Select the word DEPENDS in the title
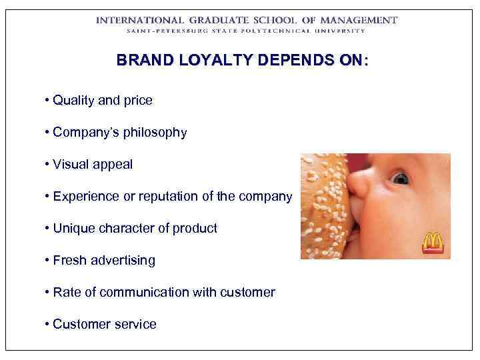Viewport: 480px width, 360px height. pyautogui.click(x=299, y=61)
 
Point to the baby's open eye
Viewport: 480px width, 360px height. pyautogui.click(x=399, y=178)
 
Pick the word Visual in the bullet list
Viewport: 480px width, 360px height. pyautogui.click(x=71, y=165)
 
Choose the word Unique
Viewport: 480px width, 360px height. pyautogui.click(x=73, y=228)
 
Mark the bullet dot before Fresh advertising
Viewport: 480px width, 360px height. pyautogui.click(x=47, y=260)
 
